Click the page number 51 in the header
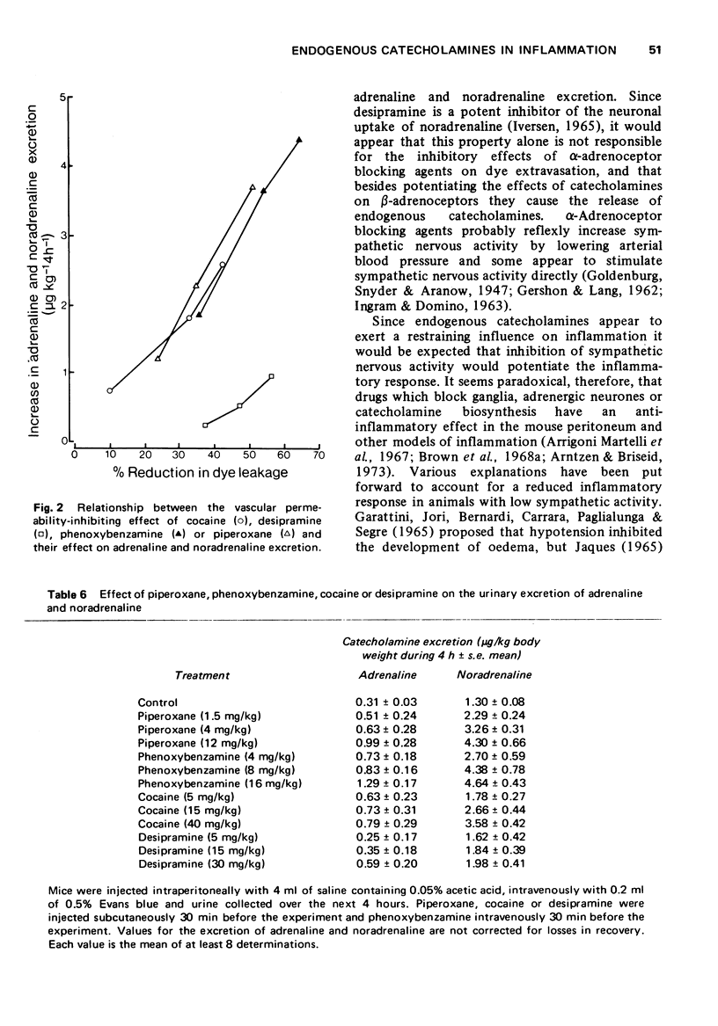tap(654, 50)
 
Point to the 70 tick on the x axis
tap(319, 455)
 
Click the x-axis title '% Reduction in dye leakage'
tap(201, 473)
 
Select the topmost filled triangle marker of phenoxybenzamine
tap(299, 140)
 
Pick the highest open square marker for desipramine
tap(272, 376)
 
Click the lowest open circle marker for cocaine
tap(109, 390)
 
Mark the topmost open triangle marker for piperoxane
tap(253, 187)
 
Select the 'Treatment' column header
tap(201, 675)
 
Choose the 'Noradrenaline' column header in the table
tap(494, 675)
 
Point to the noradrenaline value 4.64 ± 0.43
tap(494, 783)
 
